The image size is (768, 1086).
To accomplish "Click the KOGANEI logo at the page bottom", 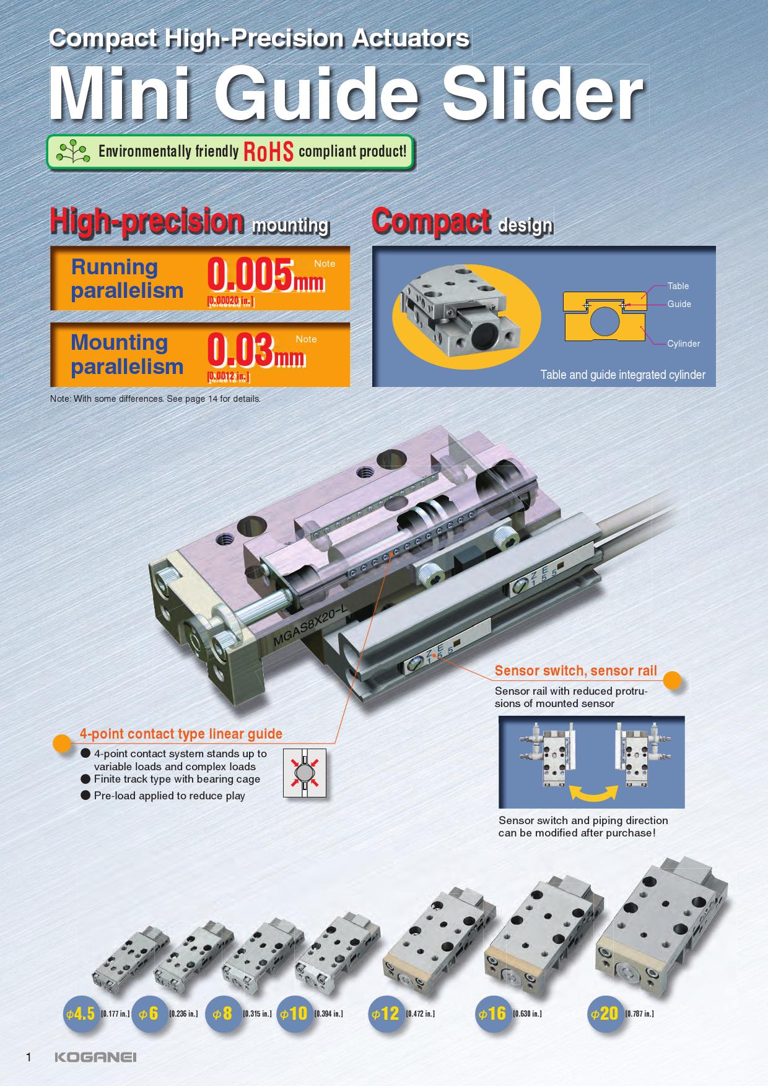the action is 95,1057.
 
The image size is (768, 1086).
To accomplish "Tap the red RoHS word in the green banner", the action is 268,151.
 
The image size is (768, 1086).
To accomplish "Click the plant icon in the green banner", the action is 72,151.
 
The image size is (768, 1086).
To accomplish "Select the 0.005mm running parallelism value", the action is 266,276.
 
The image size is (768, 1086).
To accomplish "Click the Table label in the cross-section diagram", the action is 678,286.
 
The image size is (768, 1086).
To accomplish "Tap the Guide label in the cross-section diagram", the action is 679,304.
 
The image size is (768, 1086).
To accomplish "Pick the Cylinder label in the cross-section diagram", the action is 684,344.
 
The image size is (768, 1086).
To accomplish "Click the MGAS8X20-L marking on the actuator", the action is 312,627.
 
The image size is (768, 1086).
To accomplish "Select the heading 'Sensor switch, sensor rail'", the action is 576,671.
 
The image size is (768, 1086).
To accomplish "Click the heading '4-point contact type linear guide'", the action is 181,734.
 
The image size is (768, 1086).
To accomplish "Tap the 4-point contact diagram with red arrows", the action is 304,773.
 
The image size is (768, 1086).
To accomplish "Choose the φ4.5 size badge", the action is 81,1014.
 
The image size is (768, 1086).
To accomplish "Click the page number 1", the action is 28,1057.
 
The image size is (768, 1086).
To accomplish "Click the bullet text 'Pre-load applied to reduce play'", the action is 170,796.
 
